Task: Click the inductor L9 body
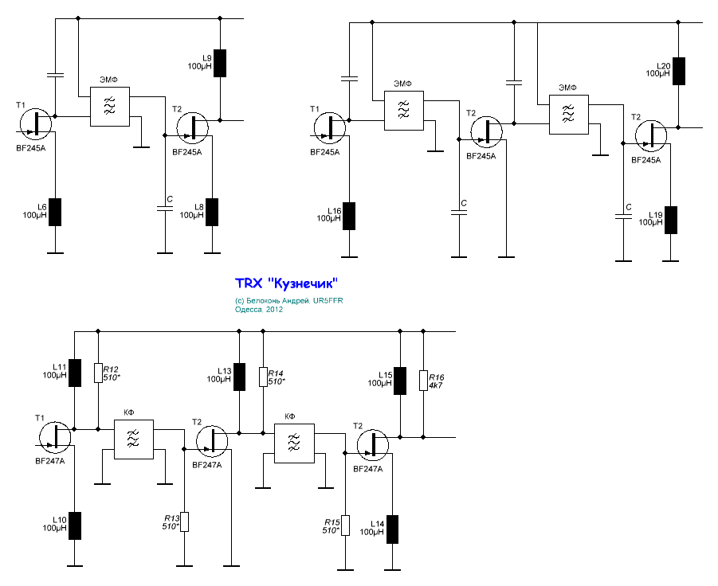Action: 219,63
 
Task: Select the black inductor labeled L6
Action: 55,211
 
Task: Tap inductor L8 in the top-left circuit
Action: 211,211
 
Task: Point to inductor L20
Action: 678,71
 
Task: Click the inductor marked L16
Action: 348,216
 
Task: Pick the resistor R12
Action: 98,373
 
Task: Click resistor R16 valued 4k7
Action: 423,381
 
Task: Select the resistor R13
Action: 185,522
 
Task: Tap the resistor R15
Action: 345,525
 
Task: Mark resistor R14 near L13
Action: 262,377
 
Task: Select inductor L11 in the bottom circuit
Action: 75,372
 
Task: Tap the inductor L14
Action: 392,529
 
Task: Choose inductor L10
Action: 75,525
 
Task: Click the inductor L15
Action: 399,381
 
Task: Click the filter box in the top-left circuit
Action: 110,107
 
